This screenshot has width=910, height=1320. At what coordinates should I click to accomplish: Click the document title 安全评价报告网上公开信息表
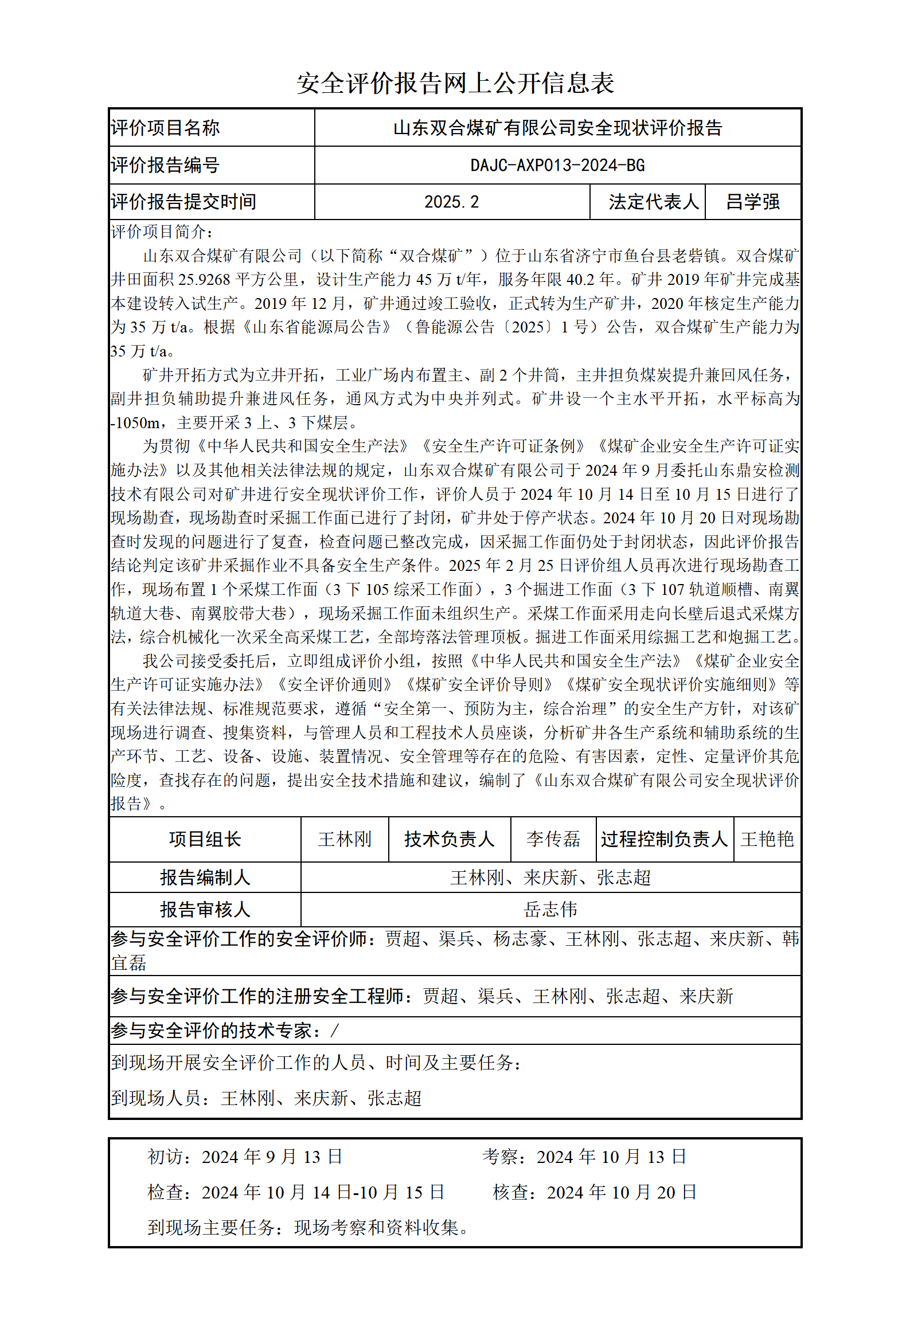(455, 84)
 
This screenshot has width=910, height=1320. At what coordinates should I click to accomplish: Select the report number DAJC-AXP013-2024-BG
(557, 166)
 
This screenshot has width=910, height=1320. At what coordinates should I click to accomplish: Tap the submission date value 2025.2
(451, 202)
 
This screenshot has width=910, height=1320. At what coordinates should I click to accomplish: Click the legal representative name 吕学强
(752, 202)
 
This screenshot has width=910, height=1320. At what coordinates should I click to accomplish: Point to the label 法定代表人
(654, 202)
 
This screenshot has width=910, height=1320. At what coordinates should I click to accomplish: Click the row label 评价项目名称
(165, 128)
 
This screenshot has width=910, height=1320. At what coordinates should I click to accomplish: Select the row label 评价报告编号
(165, 166)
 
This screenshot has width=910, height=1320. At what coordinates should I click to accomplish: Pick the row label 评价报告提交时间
(183, 202)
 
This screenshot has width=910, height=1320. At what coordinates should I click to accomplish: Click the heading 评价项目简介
(162, 232)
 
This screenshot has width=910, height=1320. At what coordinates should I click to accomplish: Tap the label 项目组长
(205, 839)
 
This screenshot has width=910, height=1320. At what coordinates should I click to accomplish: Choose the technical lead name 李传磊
(553, 839)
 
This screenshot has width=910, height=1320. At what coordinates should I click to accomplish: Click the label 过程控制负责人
(664, 839)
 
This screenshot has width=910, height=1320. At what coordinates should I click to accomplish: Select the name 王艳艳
(767, 839)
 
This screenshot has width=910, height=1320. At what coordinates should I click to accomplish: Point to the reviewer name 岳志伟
(550, 910)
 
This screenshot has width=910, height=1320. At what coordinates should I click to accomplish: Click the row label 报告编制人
(205, 878)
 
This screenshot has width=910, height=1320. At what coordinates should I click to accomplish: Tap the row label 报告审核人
(205, 910)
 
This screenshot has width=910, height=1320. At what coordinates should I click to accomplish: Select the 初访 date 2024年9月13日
(272, 1157)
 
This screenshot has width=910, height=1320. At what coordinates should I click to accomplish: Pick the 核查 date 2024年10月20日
(622, 1192)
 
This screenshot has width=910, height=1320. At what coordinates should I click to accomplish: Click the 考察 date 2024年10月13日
(611, 1157)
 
